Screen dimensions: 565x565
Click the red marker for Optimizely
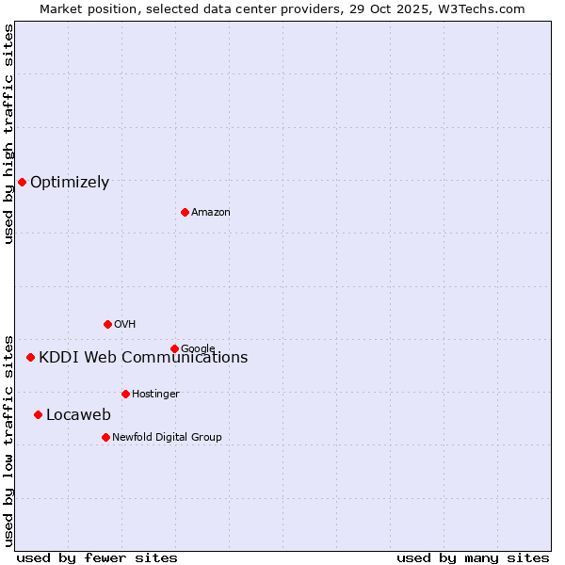click(22, 182)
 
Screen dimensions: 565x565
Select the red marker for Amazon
click(185, 212)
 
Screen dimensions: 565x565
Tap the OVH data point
click(107, 324)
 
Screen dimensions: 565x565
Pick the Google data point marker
click(174, 348)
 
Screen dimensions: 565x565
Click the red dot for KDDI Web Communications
click(30, 357)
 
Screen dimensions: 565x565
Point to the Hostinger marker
click(125, 394)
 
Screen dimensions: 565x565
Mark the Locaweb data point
click(38, 414)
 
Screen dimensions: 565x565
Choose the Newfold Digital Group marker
click(105, 437)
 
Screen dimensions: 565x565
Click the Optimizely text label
click(70, 183)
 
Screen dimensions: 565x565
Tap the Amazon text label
click(211, 213)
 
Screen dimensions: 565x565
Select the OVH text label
click(125, 325)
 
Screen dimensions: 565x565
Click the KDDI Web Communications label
click(143, 358)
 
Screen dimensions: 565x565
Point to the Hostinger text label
click(155, 395)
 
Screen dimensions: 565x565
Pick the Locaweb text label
click(78, 415)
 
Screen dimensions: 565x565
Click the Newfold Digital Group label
click(167, 438)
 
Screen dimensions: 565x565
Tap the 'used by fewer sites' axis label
click(97, 557)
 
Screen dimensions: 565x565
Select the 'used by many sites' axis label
click(473, 557)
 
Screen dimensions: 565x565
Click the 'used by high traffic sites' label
click(9, 134)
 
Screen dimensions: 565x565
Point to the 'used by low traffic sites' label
click(9, 440)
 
